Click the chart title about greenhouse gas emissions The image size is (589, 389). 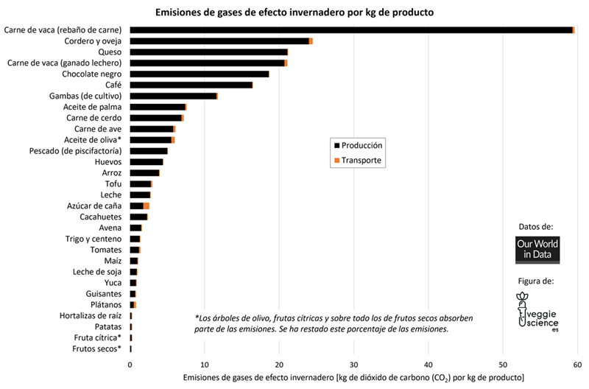pyautogui.click(x=294, y=12)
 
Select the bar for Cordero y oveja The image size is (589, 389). pyautogui.click(x=221, y=41)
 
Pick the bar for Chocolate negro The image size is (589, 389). pyautogui.click(x=200, y=74)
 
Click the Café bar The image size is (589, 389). pyautogui.click(x=191, y=85)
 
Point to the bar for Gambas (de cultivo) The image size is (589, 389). pyautogui.click(x=174, y=96)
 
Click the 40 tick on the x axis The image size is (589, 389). pyautogui.click(x=428, y=365)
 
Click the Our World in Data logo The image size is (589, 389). pyautogui.click(x=537, y=250)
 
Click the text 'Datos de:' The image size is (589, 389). pyautogui.click(x=536, y=226)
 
